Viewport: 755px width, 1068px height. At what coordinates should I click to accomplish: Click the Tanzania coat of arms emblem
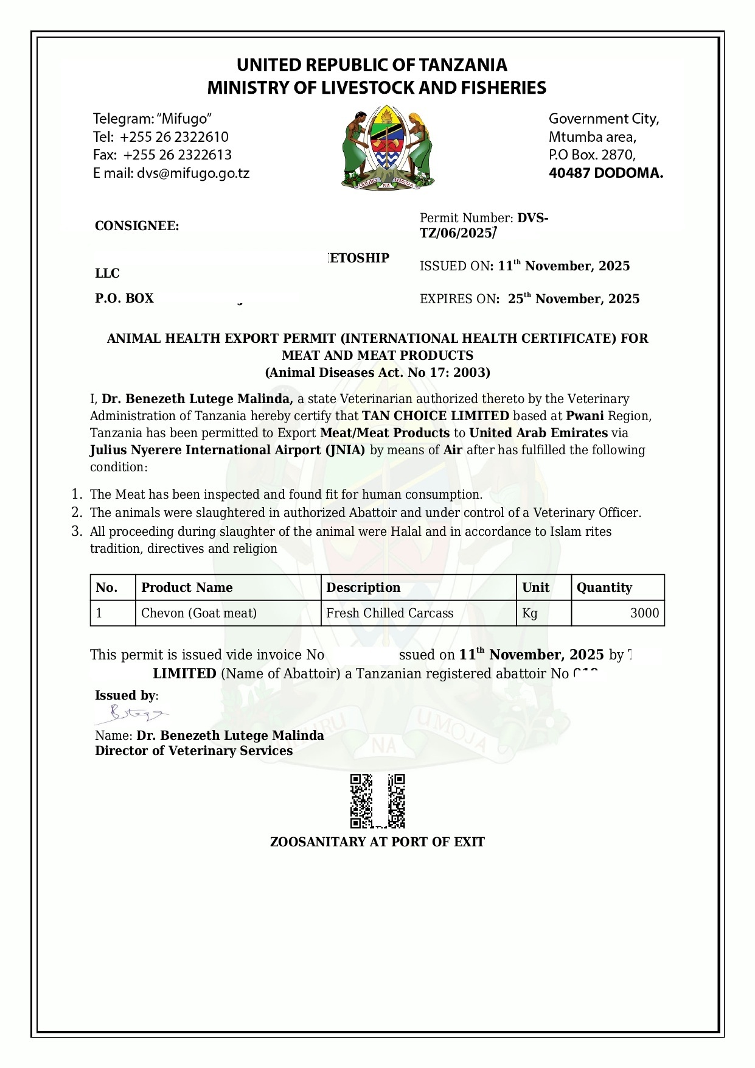tap(387, 148)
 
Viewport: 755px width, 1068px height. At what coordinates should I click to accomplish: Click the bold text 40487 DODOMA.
tap(605, 173)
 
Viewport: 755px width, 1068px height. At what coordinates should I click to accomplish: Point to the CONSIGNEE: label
tap(137, 227)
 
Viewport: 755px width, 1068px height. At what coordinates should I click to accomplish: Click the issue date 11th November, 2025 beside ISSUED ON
tap(563, 266)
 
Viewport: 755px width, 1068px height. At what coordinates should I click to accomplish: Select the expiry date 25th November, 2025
tap(574, 299)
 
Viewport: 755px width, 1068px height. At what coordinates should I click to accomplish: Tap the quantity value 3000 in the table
tap(644, 613)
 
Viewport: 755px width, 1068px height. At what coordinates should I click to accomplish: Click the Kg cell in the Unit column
tap(530, 613)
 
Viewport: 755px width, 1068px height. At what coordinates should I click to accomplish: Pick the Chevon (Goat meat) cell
tap(199, 613)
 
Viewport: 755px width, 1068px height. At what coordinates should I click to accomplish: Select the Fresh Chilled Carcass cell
tap(389, 613)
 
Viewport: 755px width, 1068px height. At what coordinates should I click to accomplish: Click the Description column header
tap(363, 588)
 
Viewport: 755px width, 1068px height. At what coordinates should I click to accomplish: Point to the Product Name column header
tap(187, 588)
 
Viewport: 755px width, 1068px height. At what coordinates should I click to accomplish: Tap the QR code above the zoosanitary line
tap(377, 801)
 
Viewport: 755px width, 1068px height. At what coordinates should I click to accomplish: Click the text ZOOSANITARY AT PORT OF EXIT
tap(377, 842)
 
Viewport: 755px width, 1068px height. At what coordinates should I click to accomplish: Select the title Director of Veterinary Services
tap(193, 751)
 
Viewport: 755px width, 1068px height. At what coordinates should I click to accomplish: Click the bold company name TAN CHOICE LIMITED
tap(436, 416)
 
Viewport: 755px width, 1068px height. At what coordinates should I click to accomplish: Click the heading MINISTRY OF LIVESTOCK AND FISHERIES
tap(377, 88)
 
